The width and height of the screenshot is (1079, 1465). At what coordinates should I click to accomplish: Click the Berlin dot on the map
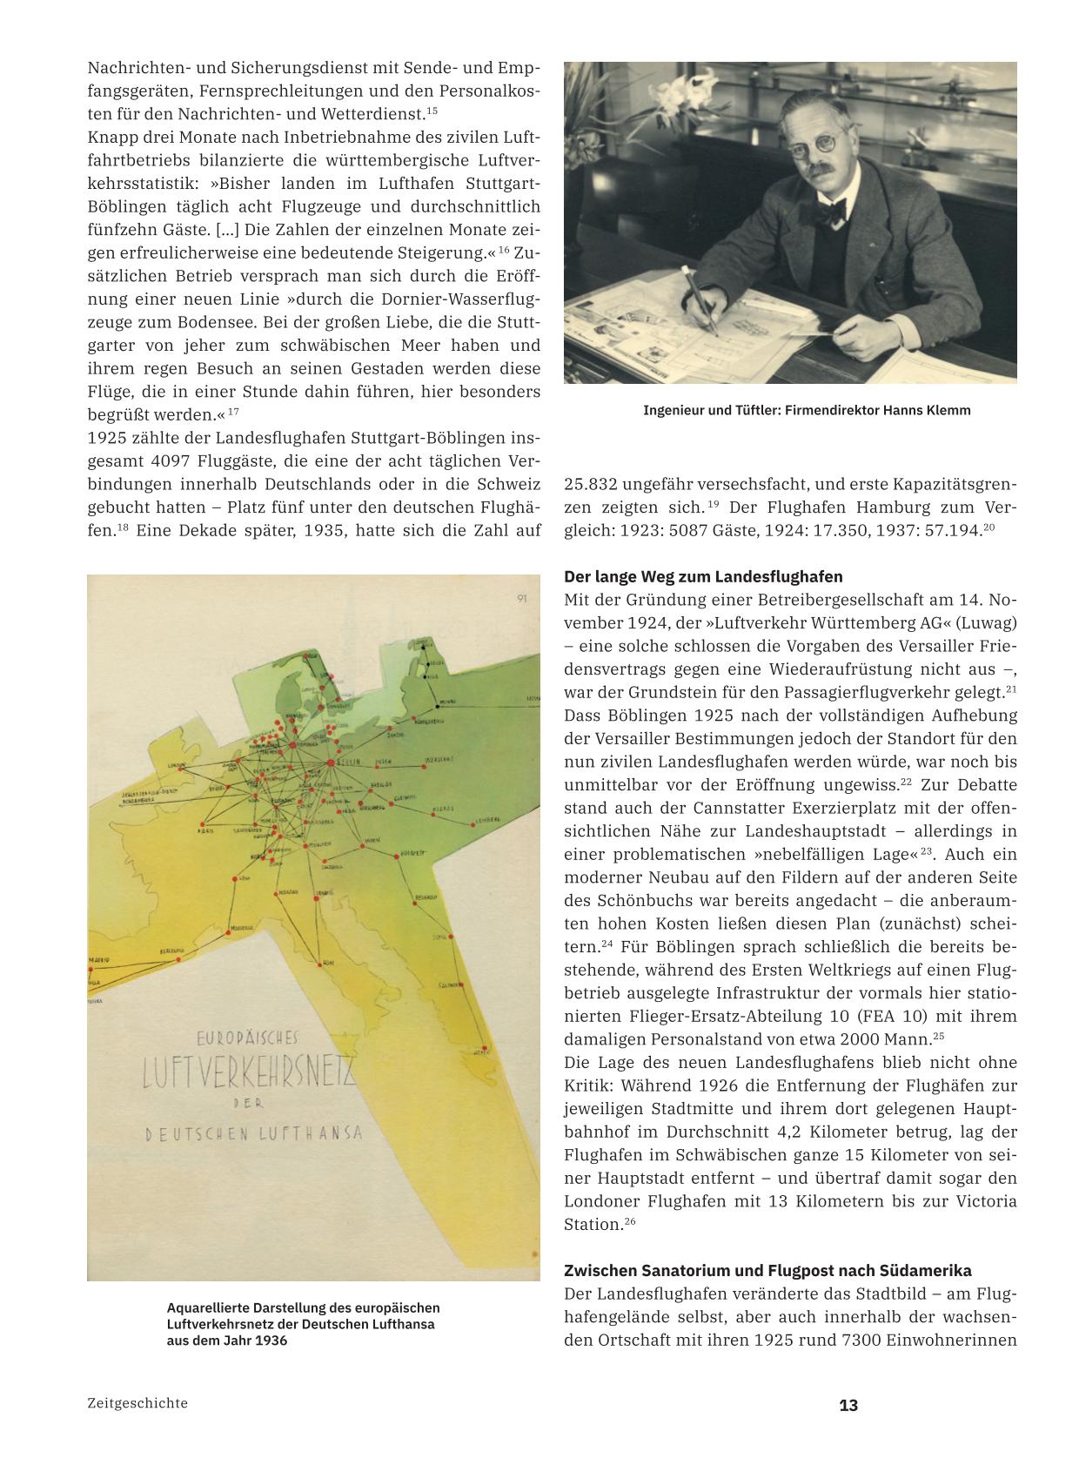332,763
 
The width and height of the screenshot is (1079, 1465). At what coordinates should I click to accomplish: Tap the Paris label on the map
205,830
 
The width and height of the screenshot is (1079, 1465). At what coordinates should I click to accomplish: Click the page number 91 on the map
522,597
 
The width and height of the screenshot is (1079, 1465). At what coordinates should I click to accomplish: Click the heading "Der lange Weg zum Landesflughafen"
703,577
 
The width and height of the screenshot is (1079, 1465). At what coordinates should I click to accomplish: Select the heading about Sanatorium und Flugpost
767,1270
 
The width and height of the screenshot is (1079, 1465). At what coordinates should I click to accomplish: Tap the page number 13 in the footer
848,1405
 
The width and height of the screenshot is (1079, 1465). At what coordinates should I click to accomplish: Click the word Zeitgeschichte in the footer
137,1403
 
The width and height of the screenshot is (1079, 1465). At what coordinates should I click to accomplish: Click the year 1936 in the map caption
271,1341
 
